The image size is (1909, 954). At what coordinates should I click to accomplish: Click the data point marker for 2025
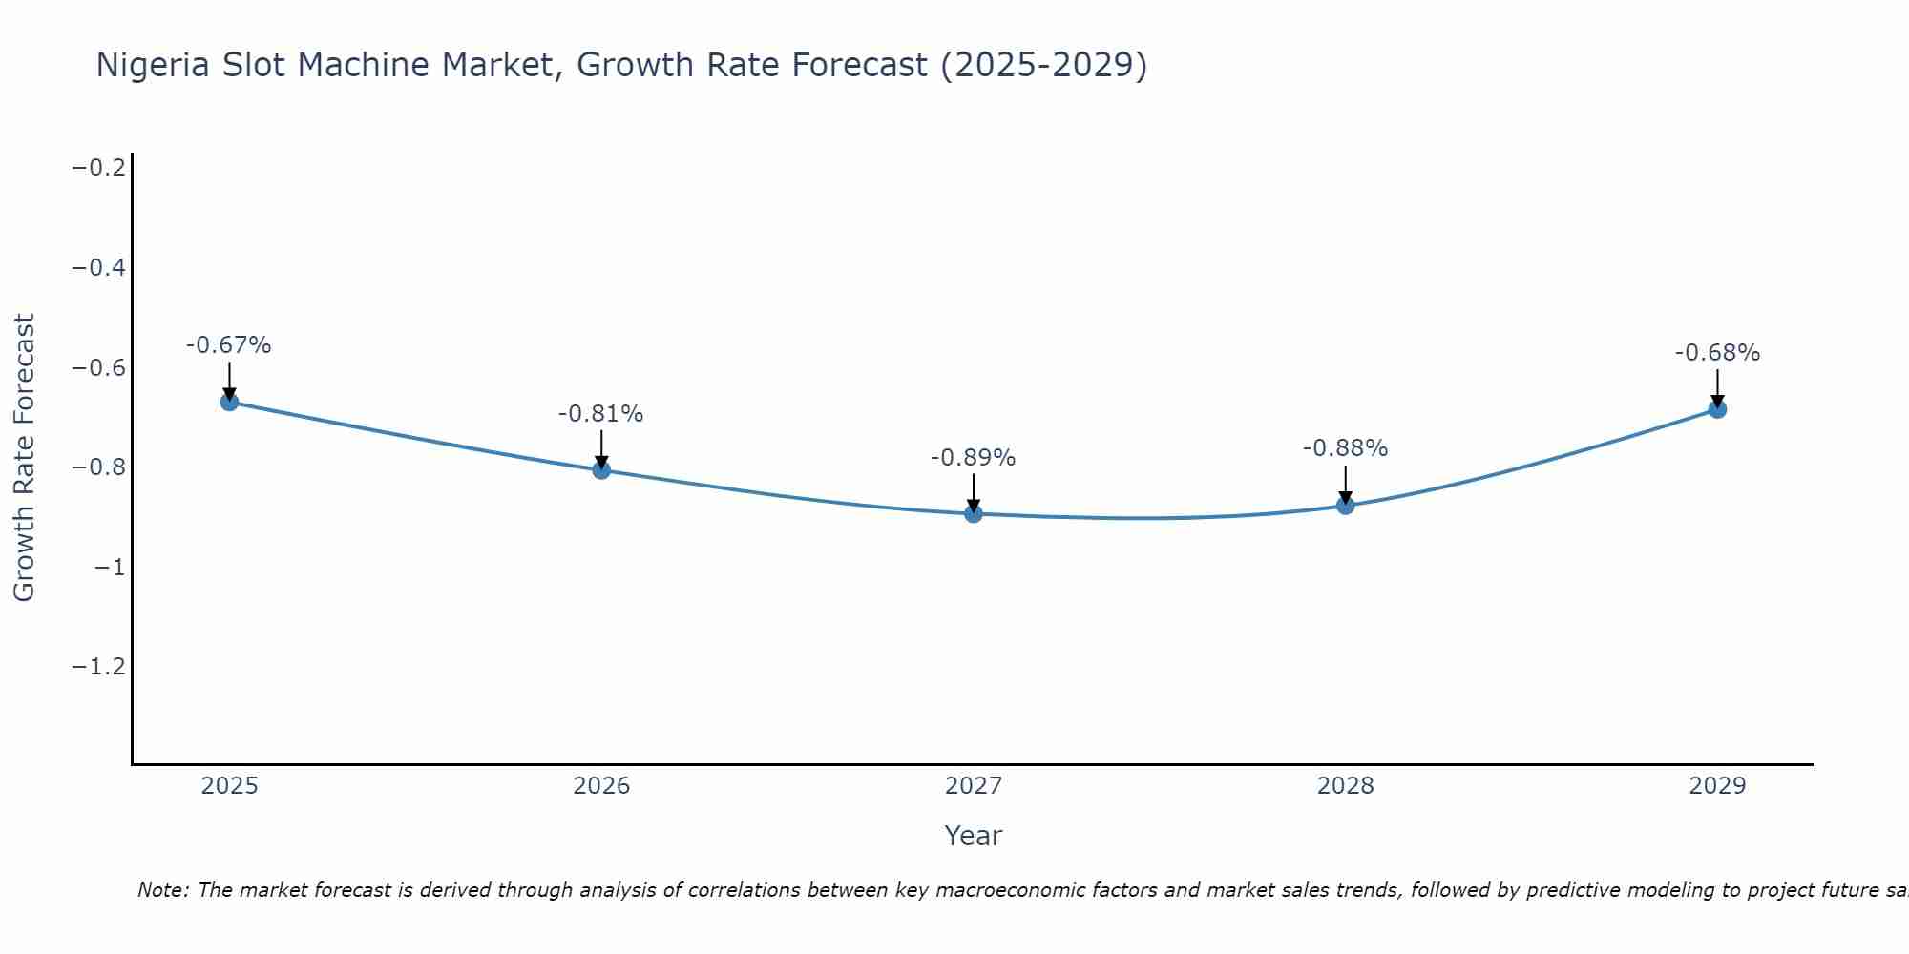pyautogui.click(x=229, y=402)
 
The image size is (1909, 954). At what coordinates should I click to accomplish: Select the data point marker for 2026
pyautogui.click(x=601, y=469)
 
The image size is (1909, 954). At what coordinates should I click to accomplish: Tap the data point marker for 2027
pyautogui.click(x=974, y=513)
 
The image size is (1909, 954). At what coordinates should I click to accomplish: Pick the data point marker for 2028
pyautogui.click(x=1345, y=505)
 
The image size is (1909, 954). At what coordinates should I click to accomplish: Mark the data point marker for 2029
pyautogui.click(x=1717, y=409)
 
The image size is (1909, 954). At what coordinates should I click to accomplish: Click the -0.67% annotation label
pyautogui.click(x=228, y=345)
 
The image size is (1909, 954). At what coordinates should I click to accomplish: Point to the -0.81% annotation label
pyautogui.click(x=600, y=414)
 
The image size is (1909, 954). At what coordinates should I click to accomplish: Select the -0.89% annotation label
pyautogui.click(x=973, y=458)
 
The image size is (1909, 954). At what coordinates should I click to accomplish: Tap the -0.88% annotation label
pyautogui.click(x=1345, y=448)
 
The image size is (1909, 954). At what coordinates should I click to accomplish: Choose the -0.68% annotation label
pyautogui.click(x=1717, y=353)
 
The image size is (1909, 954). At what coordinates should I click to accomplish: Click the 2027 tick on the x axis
pyautogui.click(x=974, y=786)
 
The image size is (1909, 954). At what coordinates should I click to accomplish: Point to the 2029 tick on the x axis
pyautogui.click(x=1717, y=786)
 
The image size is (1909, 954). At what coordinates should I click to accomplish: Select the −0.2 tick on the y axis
pyautogui.click(x=99, y=168)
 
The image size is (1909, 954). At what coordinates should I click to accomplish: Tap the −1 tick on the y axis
pyautogui.click(x=111, y=568)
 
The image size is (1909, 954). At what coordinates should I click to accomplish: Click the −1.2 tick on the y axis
pyautogui.click(x=99, y=666)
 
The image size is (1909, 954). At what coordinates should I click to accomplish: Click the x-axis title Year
pyautogui.click(x=973, y=836)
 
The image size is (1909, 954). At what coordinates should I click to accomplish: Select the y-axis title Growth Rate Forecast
pyautogui.click(x=24, y=458)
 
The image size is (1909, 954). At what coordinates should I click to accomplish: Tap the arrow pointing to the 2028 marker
pyautogui.click(x=1345, y=482)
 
